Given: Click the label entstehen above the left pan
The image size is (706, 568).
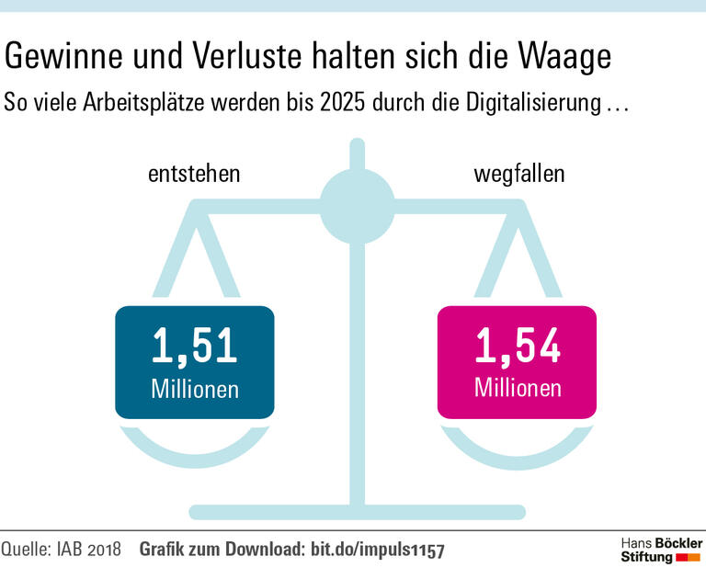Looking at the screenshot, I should pos(194,174).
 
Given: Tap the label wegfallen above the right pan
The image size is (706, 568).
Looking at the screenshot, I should pos(518,174).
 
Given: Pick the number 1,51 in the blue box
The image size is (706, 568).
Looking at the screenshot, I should pos(194,346).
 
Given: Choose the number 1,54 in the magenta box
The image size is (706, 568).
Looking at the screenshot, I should pos(517,346).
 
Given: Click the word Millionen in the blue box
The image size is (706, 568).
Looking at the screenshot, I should pos(194,389).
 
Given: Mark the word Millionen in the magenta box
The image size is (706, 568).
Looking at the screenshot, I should pos(517,389).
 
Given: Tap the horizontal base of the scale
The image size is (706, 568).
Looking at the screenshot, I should pos(356,512).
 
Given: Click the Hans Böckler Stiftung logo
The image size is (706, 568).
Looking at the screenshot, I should pos(660,549).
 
